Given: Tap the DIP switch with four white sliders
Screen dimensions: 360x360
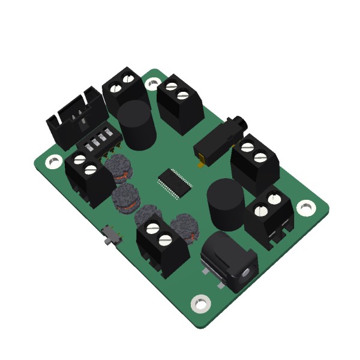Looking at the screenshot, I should (x=100, y=140).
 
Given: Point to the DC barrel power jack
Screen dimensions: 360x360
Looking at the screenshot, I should (x=229, y=263).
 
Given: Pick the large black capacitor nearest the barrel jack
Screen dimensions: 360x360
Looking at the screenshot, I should (x=226, y=203).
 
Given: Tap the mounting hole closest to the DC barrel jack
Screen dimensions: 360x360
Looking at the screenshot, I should (x=199, y=303).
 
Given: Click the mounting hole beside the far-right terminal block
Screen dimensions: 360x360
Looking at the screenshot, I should (x=305, y=206).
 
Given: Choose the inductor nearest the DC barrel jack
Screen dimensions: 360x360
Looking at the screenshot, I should (x=184, y=229).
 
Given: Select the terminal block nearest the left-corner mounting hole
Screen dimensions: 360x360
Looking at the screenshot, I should (x=88, y=177).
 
